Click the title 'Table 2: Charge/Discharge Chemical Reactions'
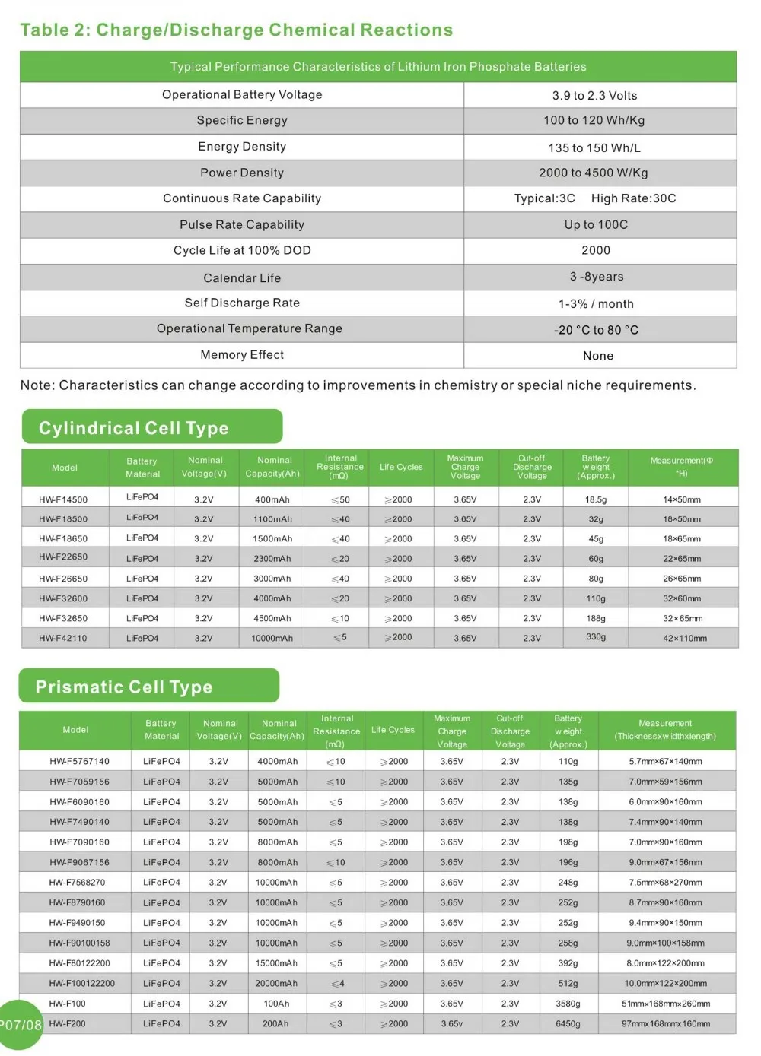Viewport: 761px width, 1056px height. point(236,30)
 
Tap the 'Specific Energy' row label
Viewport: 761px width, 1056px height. point(242,120)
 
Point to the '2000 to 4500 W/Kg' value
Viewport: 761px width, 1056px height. point(594,173)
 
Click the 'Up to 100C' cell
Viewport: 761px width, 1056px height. point(596,225)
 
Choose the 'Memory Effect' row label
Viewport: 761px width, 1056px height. point(242,355)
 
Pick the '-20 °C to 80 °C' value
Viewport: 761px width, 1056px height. point(596,330)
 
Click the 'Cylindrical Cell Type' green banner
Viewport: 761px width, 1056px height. point(151,428)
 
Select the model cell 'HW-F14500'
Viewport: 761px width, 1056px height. point(63,499)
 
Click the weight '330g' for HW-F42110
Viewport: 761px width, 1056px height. point(596,637)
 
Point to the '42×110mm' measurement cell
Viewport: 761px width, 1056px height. point(684,639)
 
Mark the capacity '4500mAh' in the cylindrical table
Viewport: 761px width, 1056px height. point(272,619)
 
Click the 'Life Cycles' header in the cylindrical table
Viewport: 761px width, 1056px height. point(401,468)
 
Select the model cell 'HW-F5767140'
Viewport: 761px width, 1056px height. point(79,761)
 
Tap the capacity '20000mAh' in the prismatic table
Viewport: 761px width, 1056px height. point(277,984)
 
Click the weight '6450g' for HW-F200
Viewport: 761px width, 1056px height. point(568,1024)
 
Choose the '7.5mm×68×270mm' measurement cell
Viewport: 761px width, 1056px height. point(665,883)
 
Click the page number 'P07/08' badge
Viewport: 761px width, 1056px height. point(21,1025)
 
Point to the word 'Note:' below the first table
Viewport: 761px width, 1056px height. point(37,385)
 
